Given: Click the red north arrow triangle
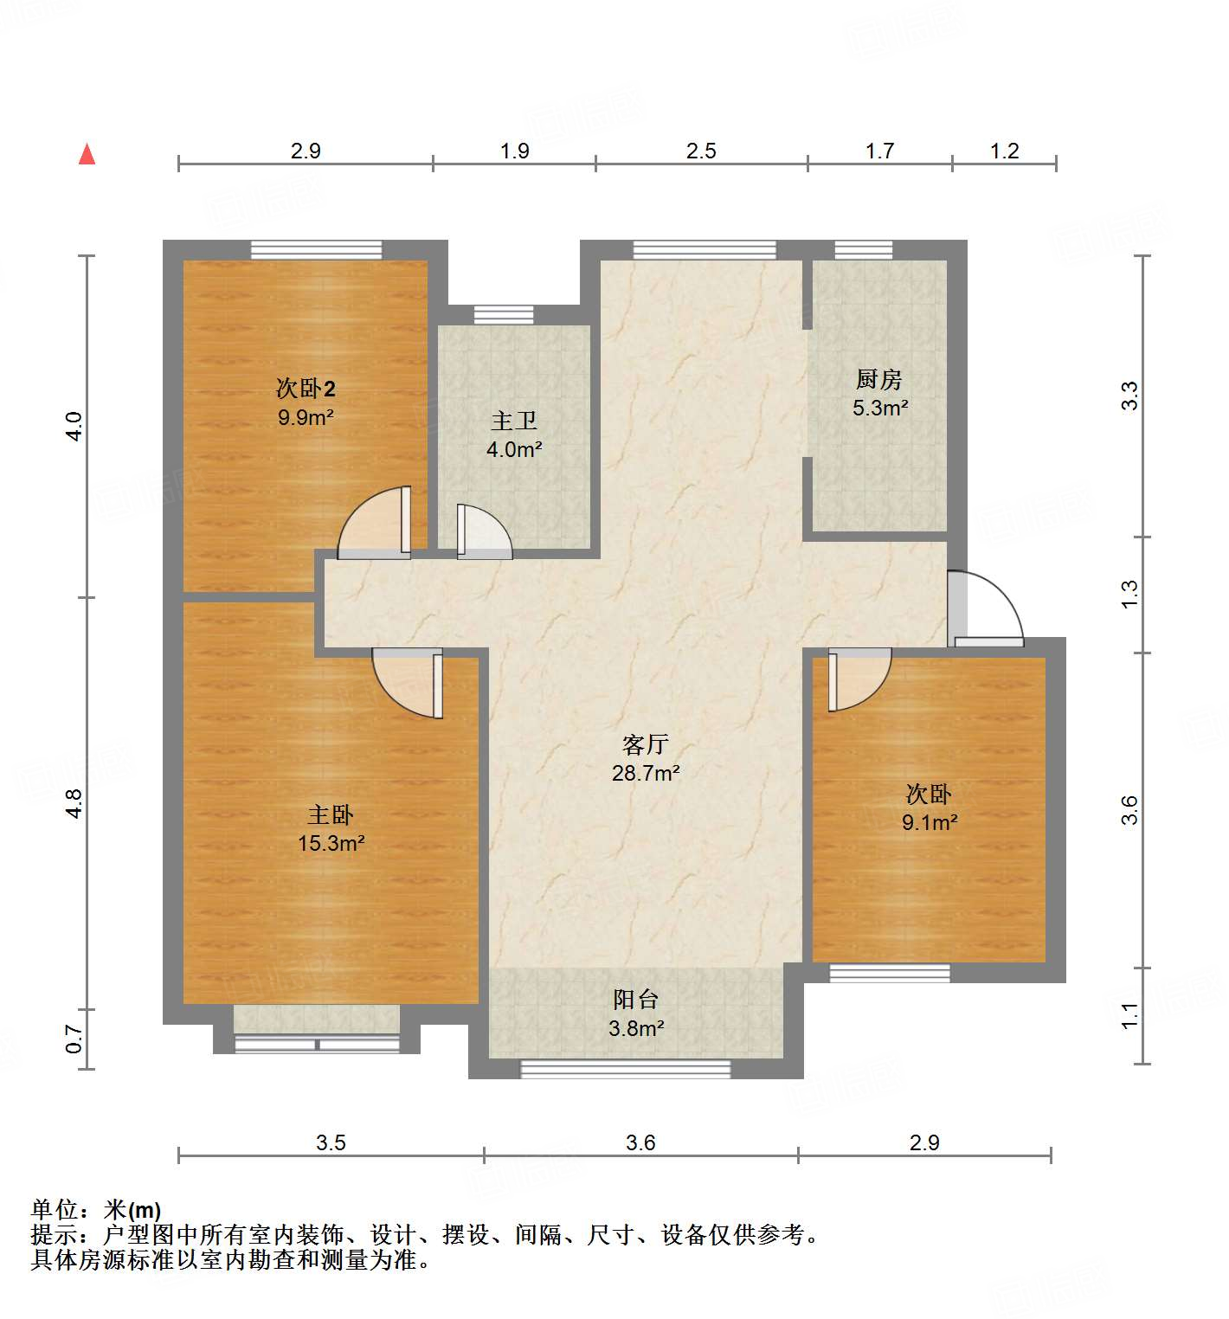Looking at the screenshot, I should (x=87, y=154).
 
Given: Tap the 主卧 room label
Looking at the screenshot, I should (x=331, y=814).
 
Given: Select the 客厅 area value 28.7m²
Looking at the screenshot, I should (x=645, y=773).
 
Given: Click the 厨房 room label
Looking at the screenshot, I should (x=878, y=379).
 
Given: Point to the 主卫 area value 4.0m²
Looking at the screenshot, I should (x=514, y=450).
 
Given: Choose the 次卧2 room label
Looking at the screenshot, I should (x=306, y=388).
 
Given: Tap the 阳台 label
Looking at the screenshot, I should (x=636, y=1000).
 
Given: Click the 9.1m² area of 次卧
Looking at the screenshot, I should (x=930, y=822).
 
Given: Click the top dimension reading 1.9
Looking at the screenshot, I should (x=514, y=151).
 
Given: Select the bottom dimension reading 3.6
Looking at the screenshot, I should (x=640, y=1143).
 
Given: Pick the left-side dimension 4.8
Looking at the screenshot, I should (x=74, y=803).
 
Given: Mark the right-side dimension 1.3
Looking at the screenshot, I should (x=1129, y=594).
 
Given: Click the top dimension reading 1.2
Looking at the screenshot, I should (x=1004, y=151).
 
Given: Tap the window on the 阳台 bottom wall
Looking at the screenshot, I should (x=625, y=1070).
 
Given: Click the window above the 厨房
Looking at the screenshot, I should (x=863, y=250).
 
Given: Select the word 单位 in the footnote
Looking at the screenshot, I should (x=53, y=1209).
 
